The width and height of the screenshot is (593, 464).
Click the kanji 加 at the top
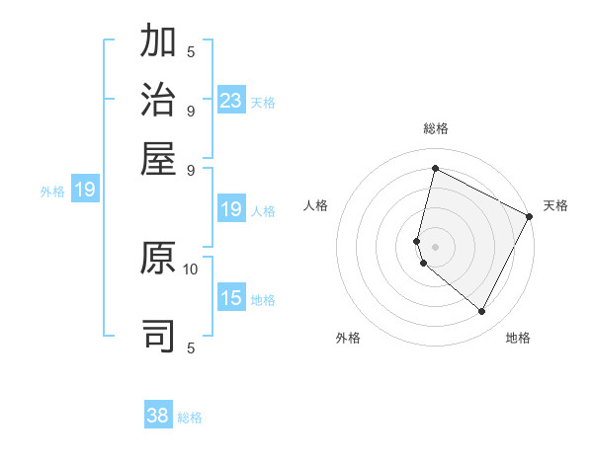tap(159, 43)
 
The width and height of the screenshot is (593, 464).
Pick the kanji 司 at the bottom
tap(159, 336)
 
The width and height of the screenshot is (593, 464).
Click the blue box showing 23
tap(231, 101)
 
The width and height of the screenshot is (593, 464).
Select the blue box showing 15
tap(231, 298)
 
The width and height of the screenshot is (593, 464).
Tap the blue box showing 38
tap(158, 416)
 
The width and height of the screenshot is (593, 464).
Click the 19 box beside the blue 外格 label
tap(85, 190)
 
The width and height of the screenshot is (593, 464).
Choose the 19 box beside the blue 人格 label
tap(231, 209)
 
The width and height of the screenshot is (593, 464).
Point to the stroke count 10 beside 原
tap(191, 268)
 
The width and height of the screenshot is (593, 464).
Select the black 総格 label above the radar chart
tap(435, 128)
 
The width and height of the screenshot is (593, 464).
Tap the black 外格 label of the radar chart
tap(348, 338)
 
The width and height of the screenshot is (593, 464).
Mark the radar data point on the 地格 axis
tap(482, 312)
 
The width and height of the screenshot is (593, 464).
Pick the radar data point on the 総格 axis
tap(435, 169)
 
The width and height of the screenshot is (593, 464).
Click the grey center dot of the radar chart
tap(435, 246)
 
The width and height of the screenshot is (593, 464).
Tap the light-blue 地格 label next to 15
tap(263, 299)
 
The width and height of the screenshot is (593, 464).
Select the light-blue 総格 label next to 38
tap(190, 417)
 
